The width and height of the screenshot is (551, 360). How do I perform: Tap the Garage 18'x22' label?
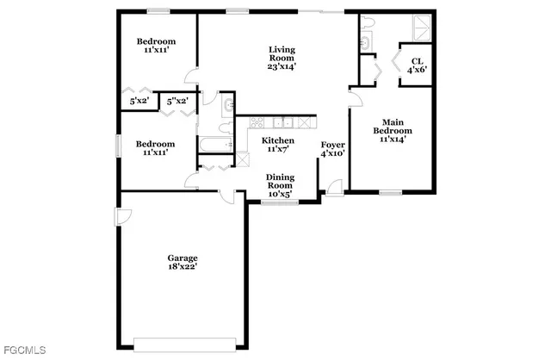pos(183,262)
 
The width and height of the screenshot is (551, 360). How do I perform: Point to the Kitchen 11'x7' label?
pos(278,145)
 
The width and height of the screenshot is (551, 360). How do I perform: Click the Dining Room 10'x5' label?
pos(280,185)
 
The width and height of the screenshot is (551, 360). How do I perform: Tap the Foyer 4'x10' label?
pos(332,148)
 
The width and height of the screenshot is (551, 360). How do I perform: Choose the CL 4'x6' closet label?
pos(417,65)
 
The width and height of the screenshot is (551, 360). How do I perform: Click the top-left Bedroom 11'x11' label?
pos(157,47)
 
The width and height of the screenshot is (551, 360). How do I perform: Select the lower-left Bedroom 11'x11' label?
pos(156,148)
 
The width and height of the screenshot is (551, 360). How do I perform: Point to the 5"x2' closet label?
pos(178,101)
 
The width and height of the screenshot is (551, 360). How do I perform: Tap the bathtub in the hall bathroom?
pos(214,143)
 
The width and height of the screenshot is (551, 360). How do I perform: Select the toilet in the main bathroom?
pos(365,22)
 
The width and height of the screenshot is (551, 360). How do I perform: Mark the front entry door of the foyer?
pos(334,187)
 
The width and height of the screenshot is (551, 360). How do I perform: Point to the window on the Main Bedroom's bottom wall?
pos(391,192)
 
